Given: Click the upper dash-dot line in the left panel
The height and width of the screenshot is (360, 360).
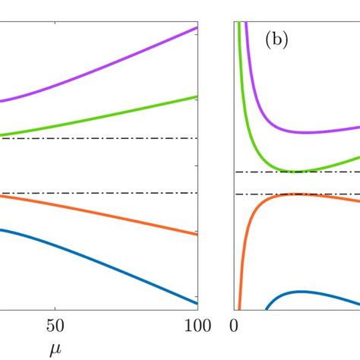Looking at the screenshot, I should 99,138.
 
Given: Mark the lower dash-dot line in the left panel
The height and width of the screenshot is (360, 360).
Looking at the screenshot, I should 99,193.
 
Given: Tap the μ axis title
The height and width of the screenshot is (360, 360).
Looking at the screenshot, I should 54,350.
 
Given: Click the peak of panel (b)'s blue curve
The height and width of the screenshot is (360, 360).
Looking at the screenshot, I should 302,292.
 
